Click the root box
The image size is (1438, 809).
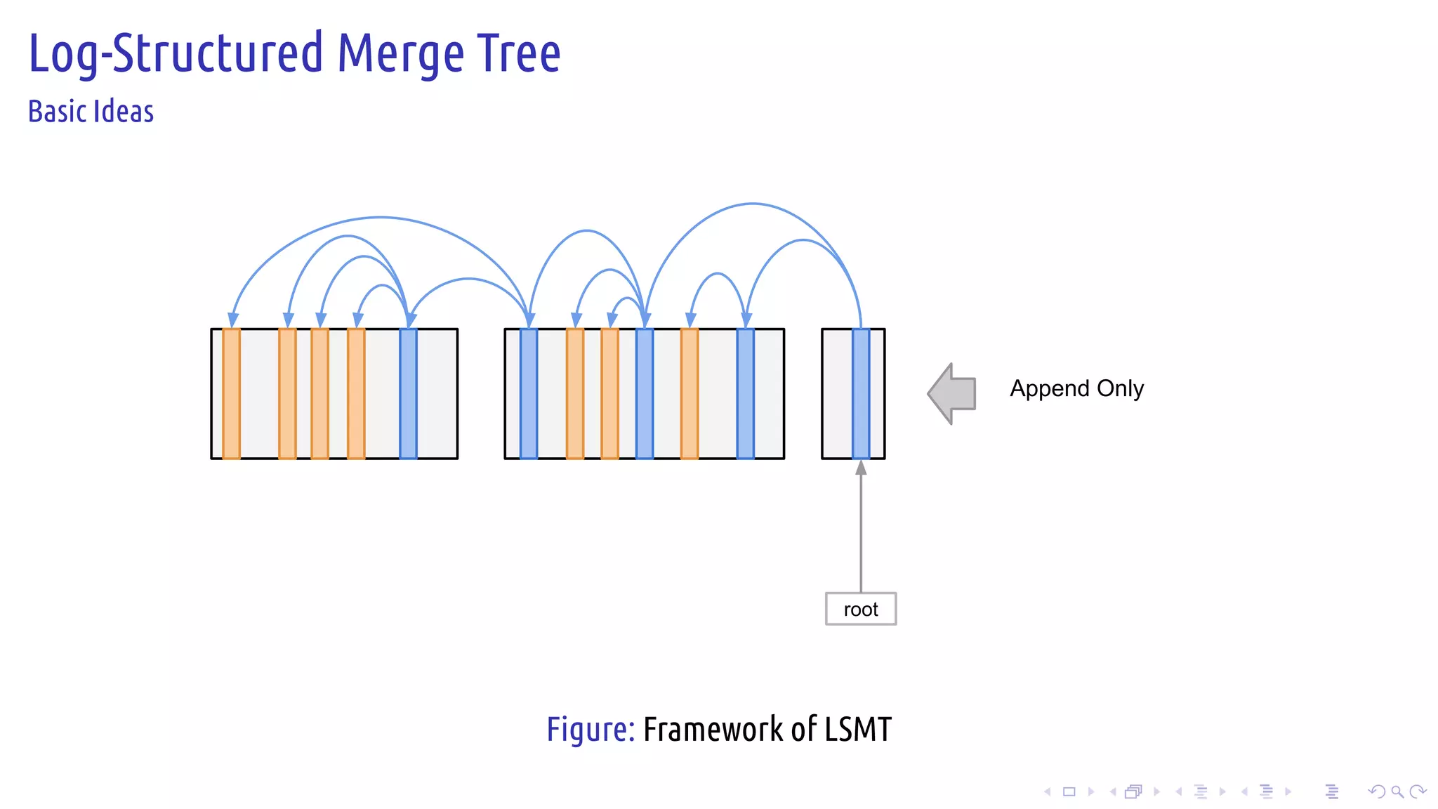pos(860,609)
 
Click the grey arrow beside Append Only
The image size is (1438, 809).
pos(954,393)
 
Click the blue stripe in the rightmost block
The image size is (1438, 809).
pos(861,393)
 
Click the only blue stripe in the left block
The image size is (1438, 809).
pos(408,393)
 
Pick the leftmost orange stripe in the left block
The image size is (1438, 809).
pos(231,393)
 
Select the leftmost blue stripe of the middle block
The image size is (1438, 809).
pos(529,393)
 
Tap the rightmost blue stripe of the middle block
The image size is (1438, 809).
pos(745,393)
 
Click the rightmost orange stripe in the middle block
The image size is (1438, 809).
pos(690,393)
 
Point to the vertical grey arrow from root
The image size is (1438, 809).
pos(861,527)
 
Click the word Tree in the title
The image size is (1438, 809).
pos(519,53)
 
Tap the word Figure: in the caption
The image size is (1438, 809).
pos(591,730)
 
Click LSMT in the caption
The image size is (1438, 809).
pos(857,730)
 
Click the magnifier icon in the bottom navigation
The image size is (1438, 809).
pos(1397,791)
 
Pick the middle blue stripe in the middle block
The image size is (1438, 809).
pos(644,393)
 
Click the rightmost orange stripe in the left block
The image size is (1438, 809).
pos(356,393)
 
